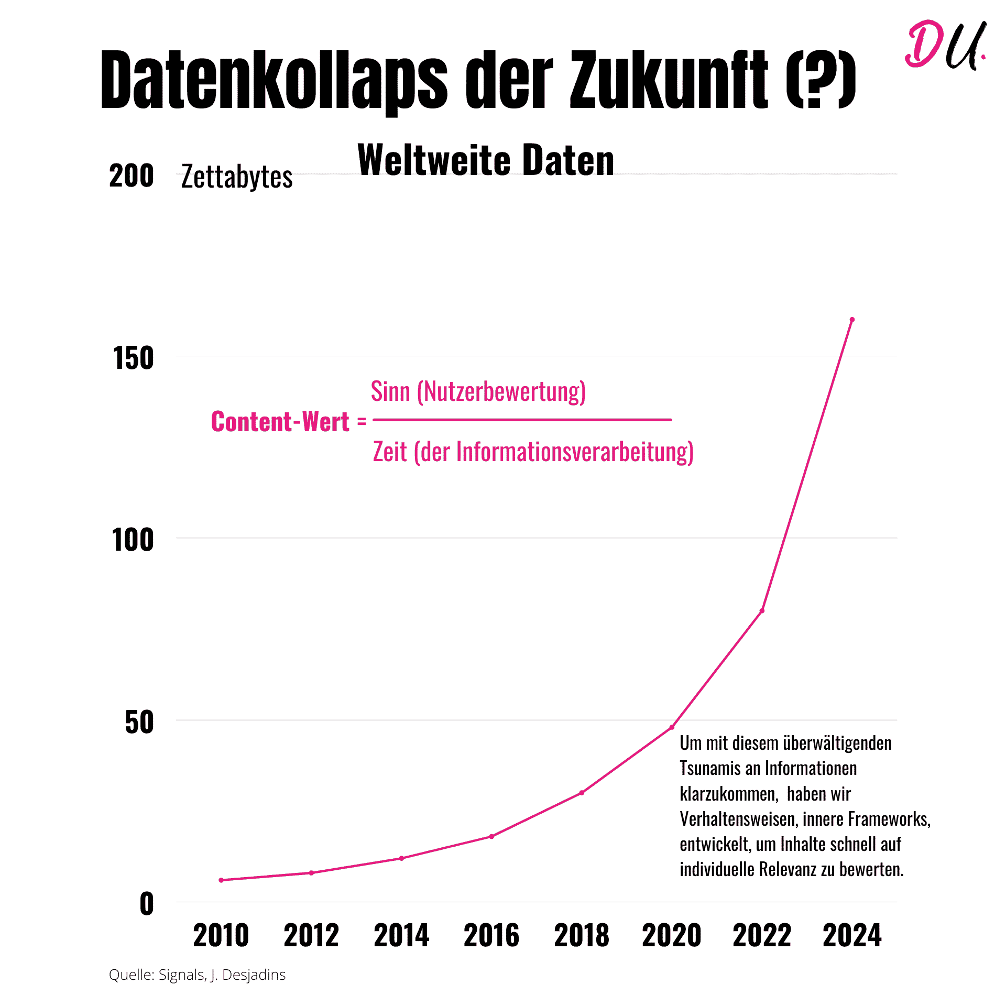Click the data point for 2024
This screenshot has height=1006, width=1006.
point(852,320)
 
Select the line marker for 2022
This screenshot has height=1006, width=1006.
point(762,610)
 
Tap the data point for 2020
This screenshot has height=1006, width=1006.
point(672,727)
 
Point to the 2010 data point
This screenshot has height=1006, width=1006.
point(221,880)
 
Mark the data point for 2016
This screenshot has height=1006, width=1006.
point(491,836)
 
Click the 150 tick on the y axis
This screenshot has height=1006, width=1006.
point(134,358)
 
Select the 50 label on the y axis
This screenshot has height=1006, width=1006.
point(139,723)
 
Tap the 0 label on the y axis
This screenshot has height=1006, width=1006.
point(147,904)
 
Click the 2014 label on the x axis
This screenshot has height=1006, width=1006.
point(401,936)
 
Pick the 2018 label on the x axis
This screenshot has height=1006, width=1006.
point(582,936)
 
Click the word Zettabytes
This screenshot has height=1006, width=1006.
point(237,177)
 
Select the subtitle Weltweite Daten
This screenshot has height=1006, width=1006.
point(486,160)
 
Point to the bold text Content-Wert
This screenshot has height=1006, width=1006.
point(280,422)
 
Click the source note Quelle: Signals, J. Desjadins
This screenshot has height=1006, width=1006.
point(197,975)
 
